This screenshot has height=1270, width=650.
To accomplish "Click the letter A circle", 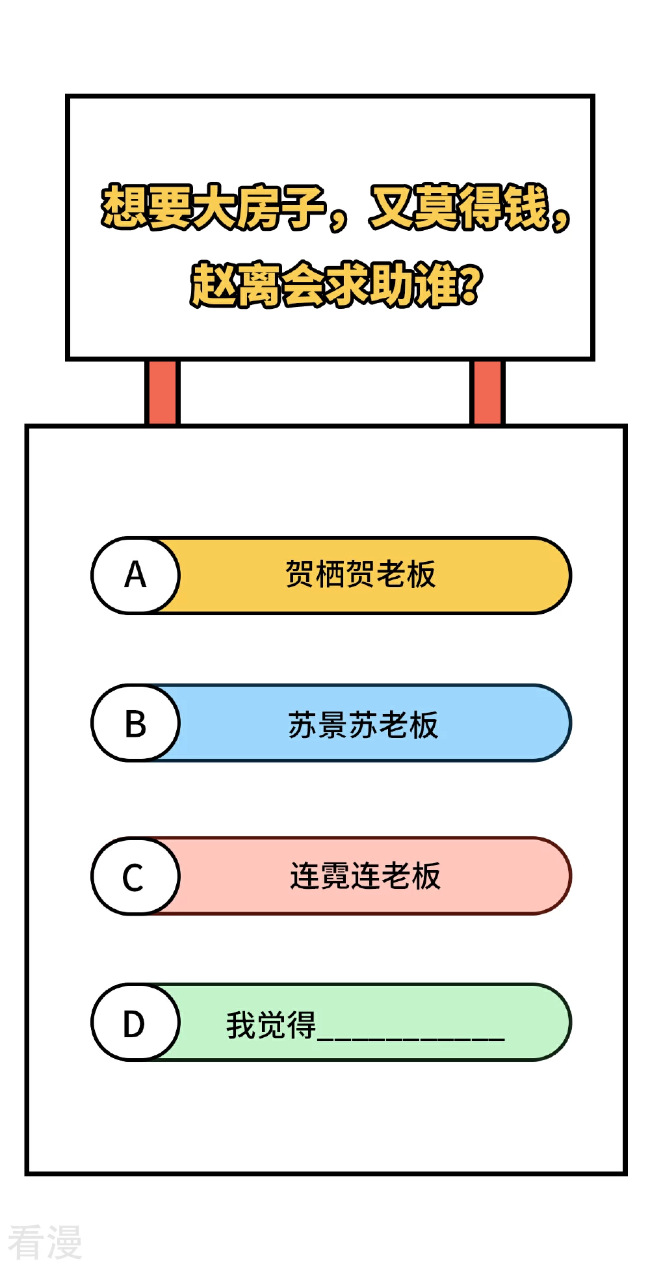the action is pyautogui.click(x=135, y=575).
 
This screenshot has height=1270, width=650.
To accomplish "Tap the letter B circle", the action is pyautogui.click(x=135, y=723).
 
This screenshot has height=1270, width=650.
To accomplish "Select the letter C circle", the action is pyautogui.click(x=135, y=877).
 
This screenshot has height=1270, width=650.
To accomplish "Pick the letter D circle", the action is pyautogui.click(x=135, y=1023).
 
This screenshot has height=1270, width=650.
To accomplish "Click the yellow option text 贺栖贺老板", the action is pyautogui.click(x=361, y=575).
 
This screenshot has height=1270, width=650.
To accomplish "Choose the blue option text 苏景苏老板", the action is pyautogui.click(x=363, y=725).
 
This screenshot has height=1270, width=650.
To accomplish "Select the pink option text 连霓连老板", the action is pyautogui.click(x=365, y=876).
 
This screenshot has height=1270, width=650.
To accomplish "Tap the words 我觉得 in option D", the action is pyautogui.click(x=271, y=1025).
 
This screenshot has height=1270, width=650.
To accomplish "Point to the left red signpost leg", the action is pyautogui.click(x=162, y=393).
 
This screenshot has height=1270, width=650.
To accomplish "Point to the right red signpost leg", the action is pyautogui.click(x=487, y=393).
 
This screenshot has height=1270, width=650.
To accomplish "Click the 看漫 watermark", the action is pyautogui.click(x=45, y=1241).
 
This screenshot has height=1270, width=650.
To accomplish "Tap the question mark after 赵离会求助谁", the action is pyautogui.click(x=471, y=285).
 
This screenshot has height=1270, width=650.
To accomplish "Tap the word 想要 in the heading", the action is pyautogui.click(x=147, y=207).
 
